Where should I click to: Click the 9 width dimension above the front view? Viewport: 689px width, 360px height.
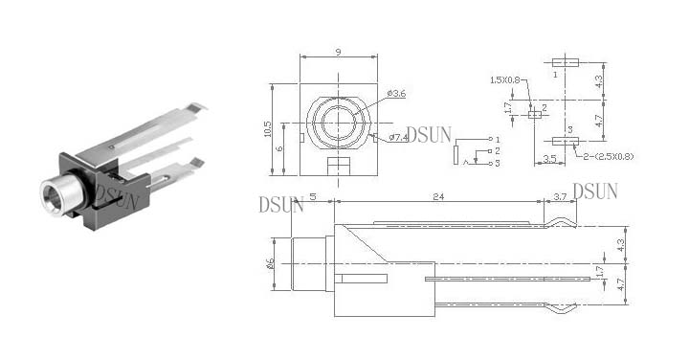pyautogui.click(x=338, y=52)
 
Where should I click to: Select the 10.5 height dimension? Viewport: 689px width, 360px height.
pyautogui.click(x=268, y=129)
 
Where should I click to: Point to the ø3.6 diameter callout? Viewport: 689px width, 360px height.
pyautogui.click(x=396, y=93)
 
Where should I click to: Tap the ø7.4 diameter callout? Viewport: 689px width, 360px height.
pyautogui.click(x=398, y=138)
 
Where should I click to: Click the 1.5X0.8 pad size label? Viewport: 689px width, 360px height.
pyautogui.click(x=504, y=80)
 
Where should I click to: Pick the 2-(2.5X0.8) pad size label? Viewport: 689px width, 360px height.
pyautogui.click(x=609, y=156)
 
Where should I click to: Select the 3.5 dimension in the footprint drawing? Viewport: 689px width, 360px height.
pyautogui.click(x=549, y=159)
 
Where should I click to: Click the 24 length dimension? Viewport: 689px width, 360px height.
pyautogui.click(x=438, y=196)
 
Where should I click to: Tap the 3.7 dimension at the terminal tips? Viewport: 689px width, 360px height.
pyautogui.click(x=560, y=197)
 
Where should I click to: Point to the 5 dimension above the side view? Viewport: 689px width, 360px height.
pyautogui.click(x=313, y=196)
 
